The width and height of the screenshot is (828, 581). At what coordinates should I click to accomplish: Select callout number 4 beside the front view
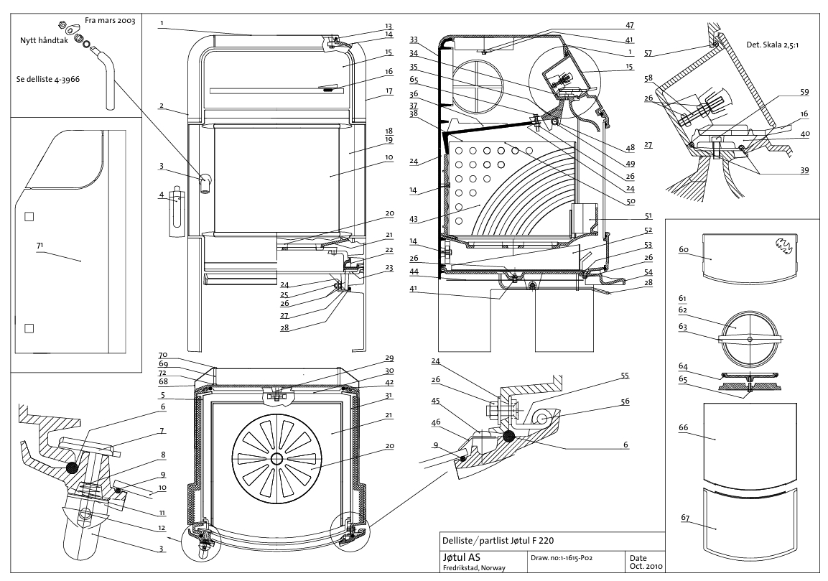coord(162,193)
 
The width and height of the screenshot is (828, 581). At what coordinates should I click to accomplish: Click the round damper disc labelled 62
coord(749,340)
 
